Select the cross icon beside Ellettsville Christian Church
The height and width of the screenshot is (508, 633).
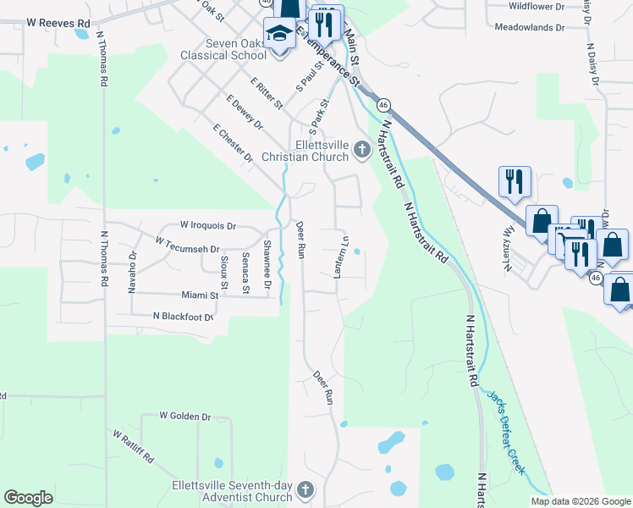coord(362,151)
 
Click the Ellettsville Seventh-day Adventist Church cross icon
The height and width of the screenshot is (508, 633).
coord(305,490)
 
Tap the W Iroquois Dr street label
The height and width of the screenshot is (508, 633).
coord(208,226)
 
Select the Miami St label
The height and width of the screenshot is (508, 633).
coord(200,295)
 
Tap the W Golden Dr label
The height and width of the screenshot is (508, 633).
coord(185,417)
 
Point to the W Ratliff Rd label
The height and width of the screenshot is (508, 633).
coord(133,446)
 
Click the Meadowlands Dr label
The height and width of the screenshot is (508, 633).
coord(530,27)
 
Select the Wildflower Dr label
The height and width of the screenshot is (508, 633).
coord(536,6)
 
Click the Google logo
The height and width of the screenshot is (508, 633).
coord(28,498)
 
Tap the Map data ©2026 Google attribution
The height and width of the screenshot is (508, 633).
coord(580,501)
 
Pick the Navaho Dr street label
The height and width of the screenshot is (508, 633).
coord(133,272)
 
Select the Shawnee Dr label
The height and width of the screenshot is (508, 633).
coord(267,258)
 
